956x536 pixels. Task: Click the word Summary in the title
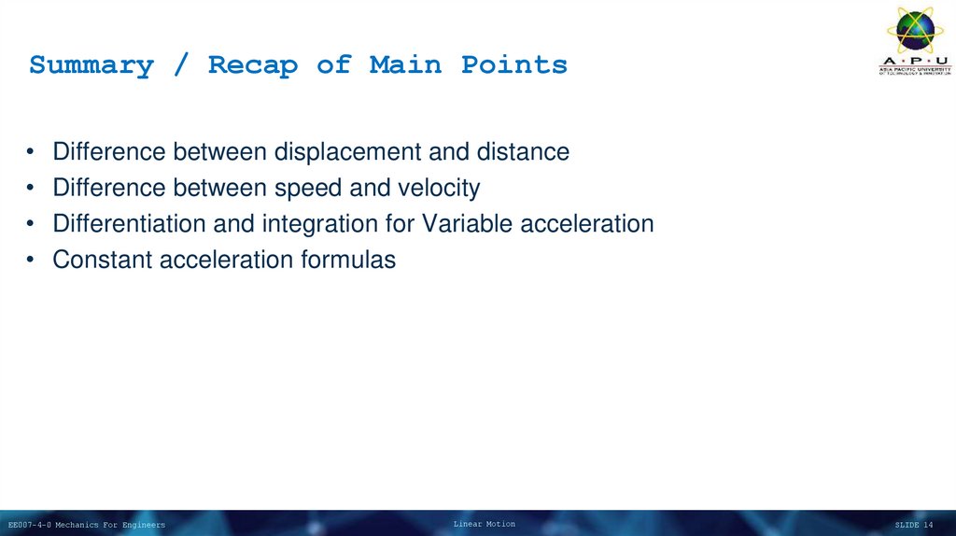pyautogui.click(x=91, y=65)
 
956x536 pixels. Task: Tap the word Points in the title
pyautogui.click(x=513, y=65)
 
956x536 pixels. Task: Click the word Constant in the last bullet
pyautogui.click(x=103, y=260)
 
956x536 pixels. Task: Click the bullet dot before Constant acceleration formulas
pyautogui.click(x=33, y=261)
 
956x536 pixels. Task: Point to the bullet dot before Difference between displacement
pyautogui.click(x=33, y=152)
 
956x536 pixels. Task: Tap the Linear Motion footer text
pyautogui.click(x=484, y=524)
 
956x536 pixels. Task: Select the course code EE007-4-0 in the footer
pyautogui.click(x=30, y=525)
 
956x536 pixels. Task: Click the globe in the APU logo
pyautogui.click(x=914, y=30)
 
